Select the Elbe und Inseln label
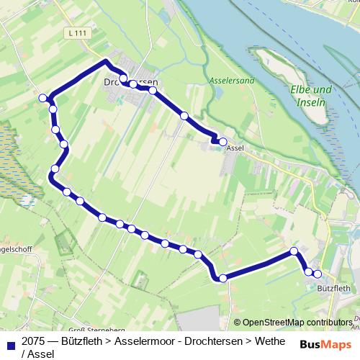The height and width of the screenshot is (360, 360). [x=311, y=95]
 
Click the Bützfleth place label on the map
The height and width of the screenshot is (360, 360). [x=333, y=288]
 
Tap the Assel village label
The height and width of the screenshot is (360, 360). [x=235, y=148]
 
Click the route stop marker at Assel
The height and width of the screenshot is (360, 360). [x=222, y=142]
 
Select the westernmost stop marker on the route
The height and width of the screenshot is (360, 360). [x=43, y=98]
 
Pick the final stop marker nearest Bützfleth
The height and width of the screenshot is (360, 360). [x=317, y=274]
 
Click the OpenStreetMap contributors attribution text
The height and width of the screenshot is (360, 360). [x=297, y=322]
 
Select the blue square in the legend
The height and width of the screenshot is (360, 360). [x=9, y=342]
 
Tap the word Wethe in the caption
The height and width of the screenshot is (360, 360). [x=266, y=341]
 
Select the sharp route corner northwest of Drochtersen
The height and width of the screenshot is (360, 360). [x=107, y=61]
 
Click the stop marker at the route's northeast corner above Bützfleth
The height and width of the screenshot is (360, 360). [x=294, y=251]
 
